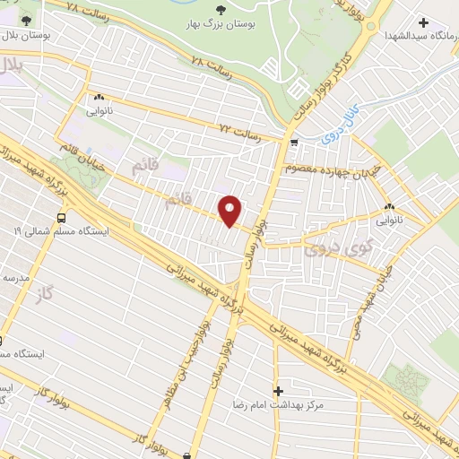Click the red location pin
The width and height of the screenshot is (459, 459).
[x=231, y=210]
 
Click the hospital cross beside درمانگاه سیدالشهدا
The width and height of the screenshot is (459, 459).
[x=423, y=22]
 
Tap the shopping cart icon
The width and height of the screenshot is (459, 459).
[x=294, y=143]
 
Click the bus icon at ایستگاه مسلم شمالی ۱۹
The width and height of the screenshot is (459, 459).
[x=61, y=217]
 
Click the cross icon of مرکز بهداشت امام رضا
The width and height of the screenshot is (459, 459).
[x=279, y=391]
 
